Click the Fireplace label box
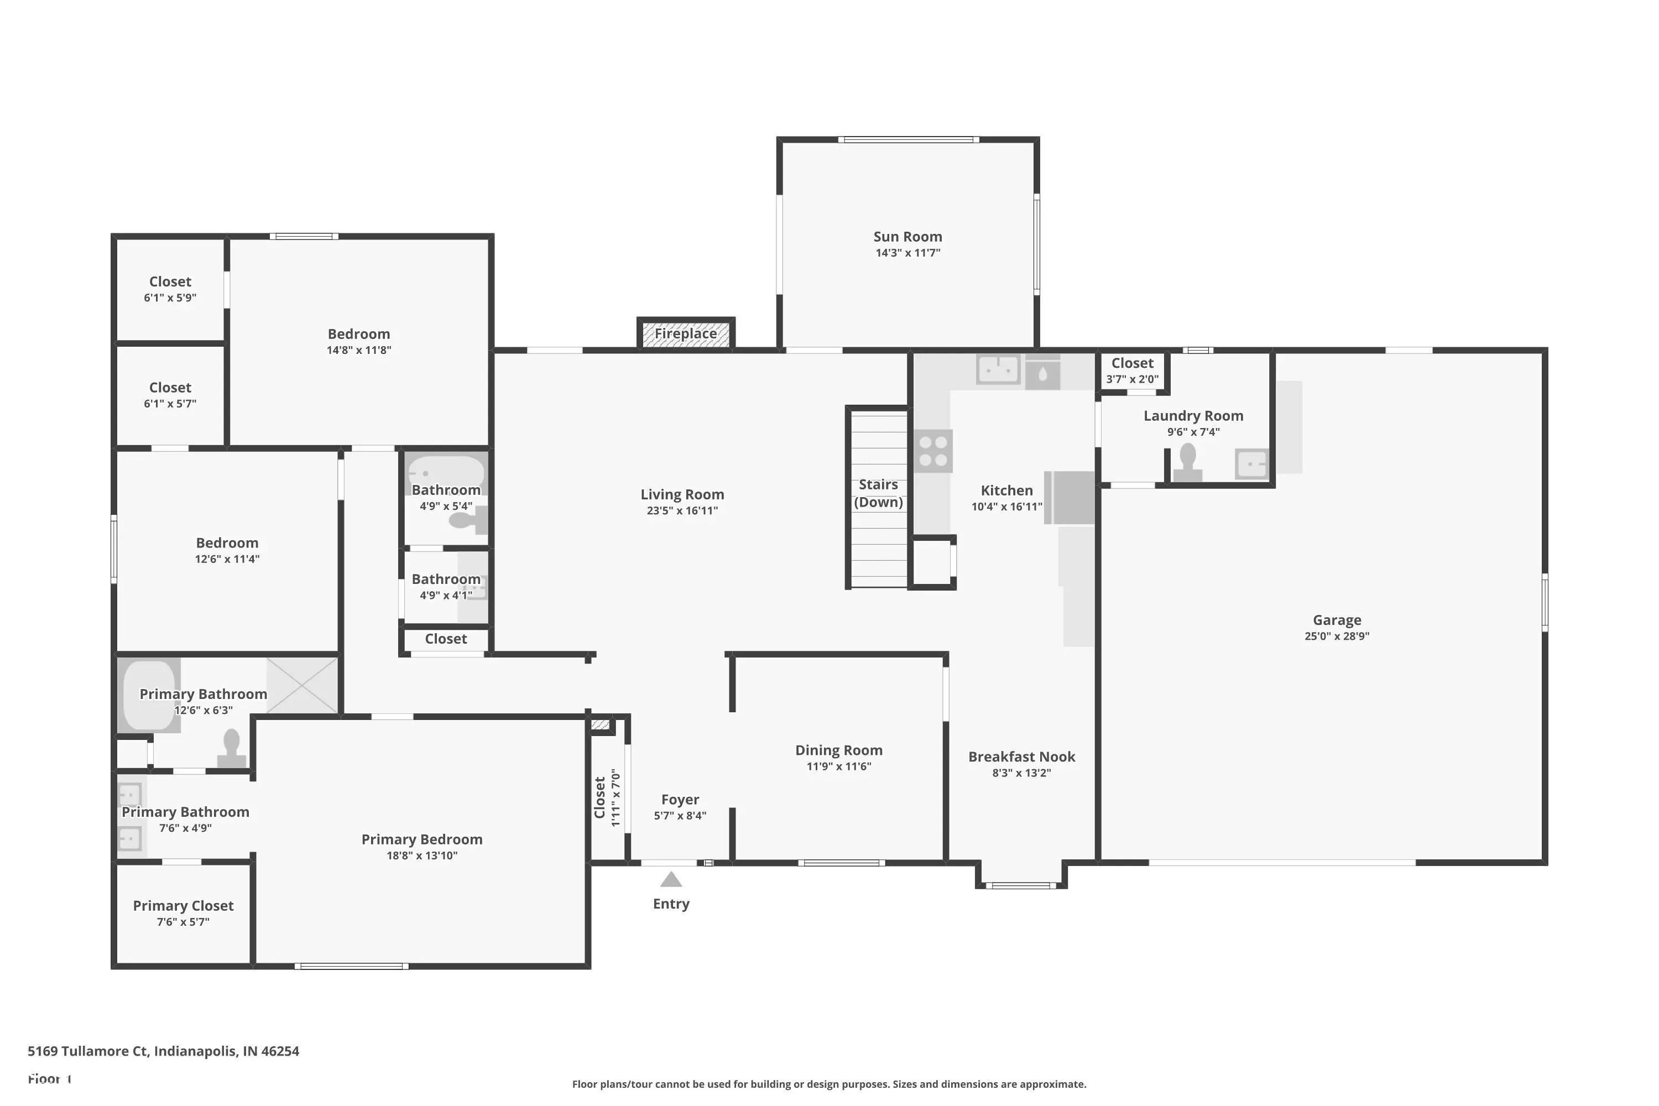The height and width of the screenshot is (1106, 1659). tap(686, 333)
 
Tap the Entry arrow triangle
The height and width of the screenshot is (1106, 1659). tap(671, 880)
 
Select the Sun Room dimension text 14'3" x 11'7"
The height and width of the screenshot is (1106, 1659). tap(908, 253)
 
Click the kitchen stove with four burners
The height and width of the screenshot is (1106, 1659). tap(933, 451)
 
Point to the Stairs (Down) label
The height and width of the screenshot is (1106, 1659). tap(878, 493)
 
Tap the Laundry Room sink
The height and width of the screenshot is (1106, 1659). tap(1252, 464)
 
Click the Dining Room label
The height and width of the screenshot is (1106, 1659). tap(839, 750)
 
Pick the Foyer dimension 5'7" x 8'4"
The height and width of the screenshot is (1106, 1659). tap(680, 815)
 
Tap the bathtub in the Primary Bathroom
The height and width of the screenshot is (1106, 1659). tap(149, 695)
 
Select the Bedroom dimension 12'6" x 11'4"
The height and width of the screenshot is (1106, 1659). tap(227, 559)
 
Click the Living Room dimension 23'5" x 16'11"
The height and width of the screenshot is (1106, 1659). tap(682, 510)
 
